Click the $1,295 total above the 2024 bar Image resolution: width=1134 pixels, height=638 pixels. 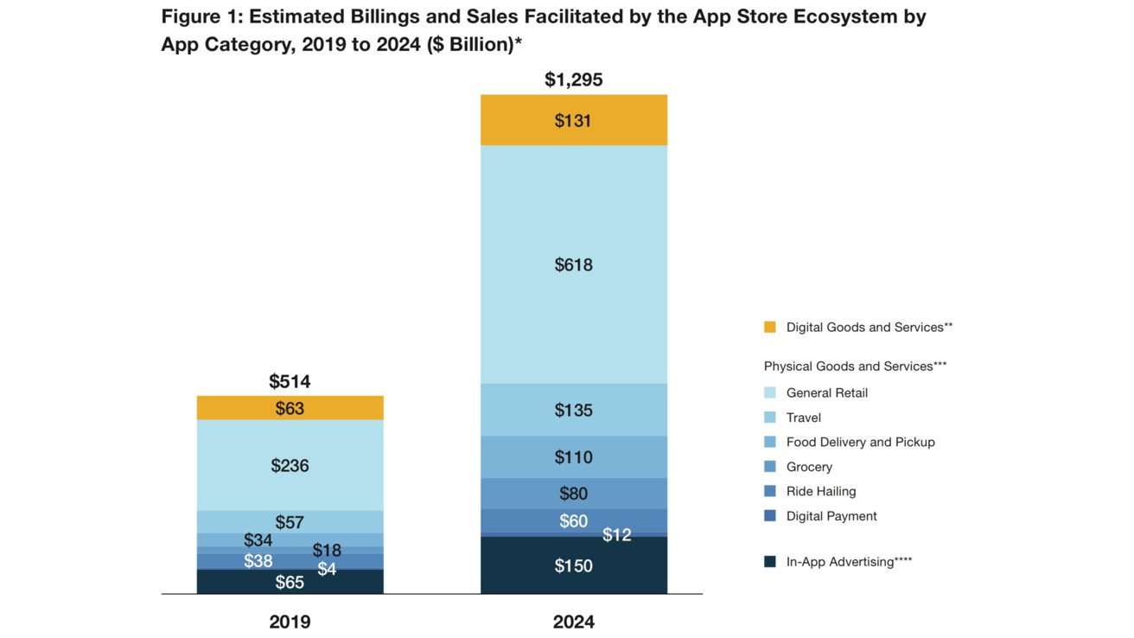[573, 80]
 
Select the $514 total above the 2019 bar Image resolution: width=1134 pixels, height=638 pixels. [290, 381]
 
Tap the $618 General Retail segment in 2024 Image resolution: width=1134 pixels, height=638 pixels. [573, 265]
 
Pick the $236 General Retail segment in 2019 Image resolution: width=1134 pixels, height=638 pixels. [290, 465]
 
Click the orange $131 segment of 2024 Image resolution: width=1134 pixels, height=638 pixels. [573, 120]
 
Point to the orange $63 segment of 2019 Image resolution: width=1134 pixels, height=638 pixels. [290, 408]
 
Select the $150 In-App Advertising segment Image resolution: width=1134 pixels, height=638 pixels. [573, 565]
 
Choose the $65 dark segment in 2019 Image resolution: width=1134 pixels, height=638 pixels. [290, 582]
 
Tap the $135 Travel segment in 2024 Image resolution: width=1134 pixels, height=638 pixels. [573, 410]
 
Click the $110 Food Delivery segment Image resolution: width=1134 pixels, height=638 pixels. [573, 457]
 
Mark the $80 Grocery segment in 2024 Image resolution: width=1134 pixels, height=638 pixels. [573, 494]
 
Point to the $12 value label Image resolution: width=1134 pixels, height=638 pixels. [616, 535]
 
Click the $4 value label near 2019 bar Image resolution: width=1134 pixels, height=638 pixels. [327, 569]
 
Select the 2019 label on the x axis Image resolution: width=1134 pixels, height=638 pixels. [290, 622]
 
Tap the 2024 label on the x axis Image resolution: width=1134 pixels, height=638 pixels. [573, 622]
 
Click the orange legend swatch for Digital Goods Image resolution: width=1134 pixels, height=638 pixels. [770, 328]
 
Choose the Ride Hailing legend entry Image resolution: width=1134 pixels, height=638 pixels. [820, 491]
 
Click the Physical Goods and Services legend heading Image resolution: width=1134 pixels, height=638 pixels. [855, 367]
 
